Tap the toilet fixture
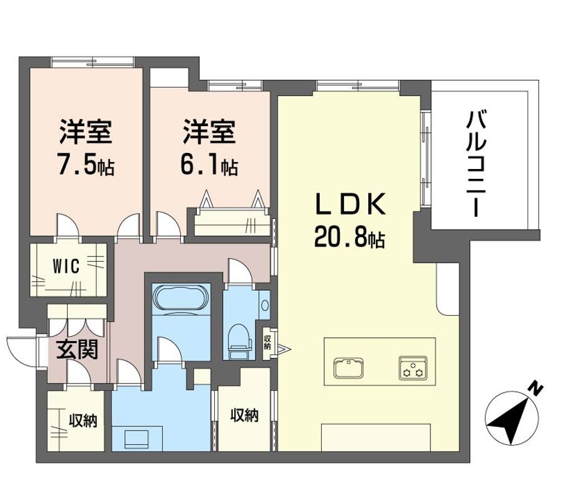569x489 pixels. [x=239, y=337]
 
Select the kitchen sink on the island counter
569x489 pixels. [x=348, y=368]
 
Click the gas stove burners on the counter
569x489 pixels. [x=412, y=368]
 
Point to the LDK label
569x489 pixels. [x=350, y=205]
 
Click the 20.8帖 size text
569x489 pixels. [x=350, y=236]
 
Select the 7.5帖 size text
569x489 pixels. [x=86, y=165]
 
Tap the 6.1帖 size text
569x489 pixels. [x=209, y=165]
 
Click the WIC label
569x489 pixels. [x=66, y=267]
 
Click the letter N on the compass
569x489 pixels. [x=535, y=389]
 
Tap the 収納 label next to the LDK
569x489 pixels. [x=245, y=415]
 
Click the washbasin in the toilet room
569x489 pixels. [x=265, y=305]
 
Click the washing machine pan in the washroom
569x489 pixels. [x=137, y=439]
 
